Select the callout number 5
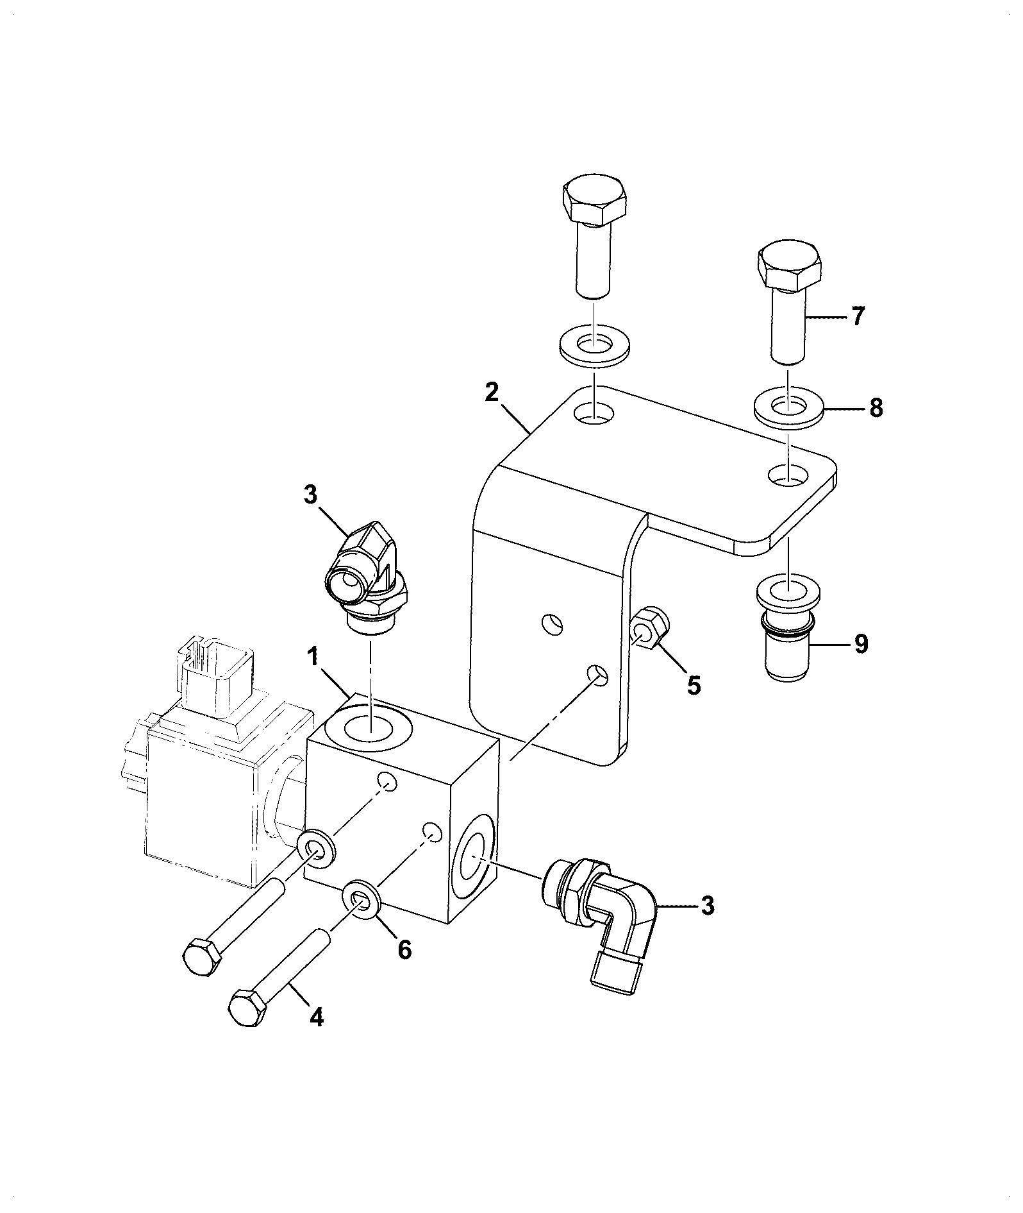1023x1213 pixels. point(694,685)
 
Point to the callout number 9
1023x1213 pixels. point(861,643)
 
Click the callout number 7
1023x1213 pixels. point(858,317)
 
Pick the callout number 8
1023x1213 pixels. point(876,407)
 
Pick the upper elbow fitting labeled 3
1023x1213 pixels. point(367,575)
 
